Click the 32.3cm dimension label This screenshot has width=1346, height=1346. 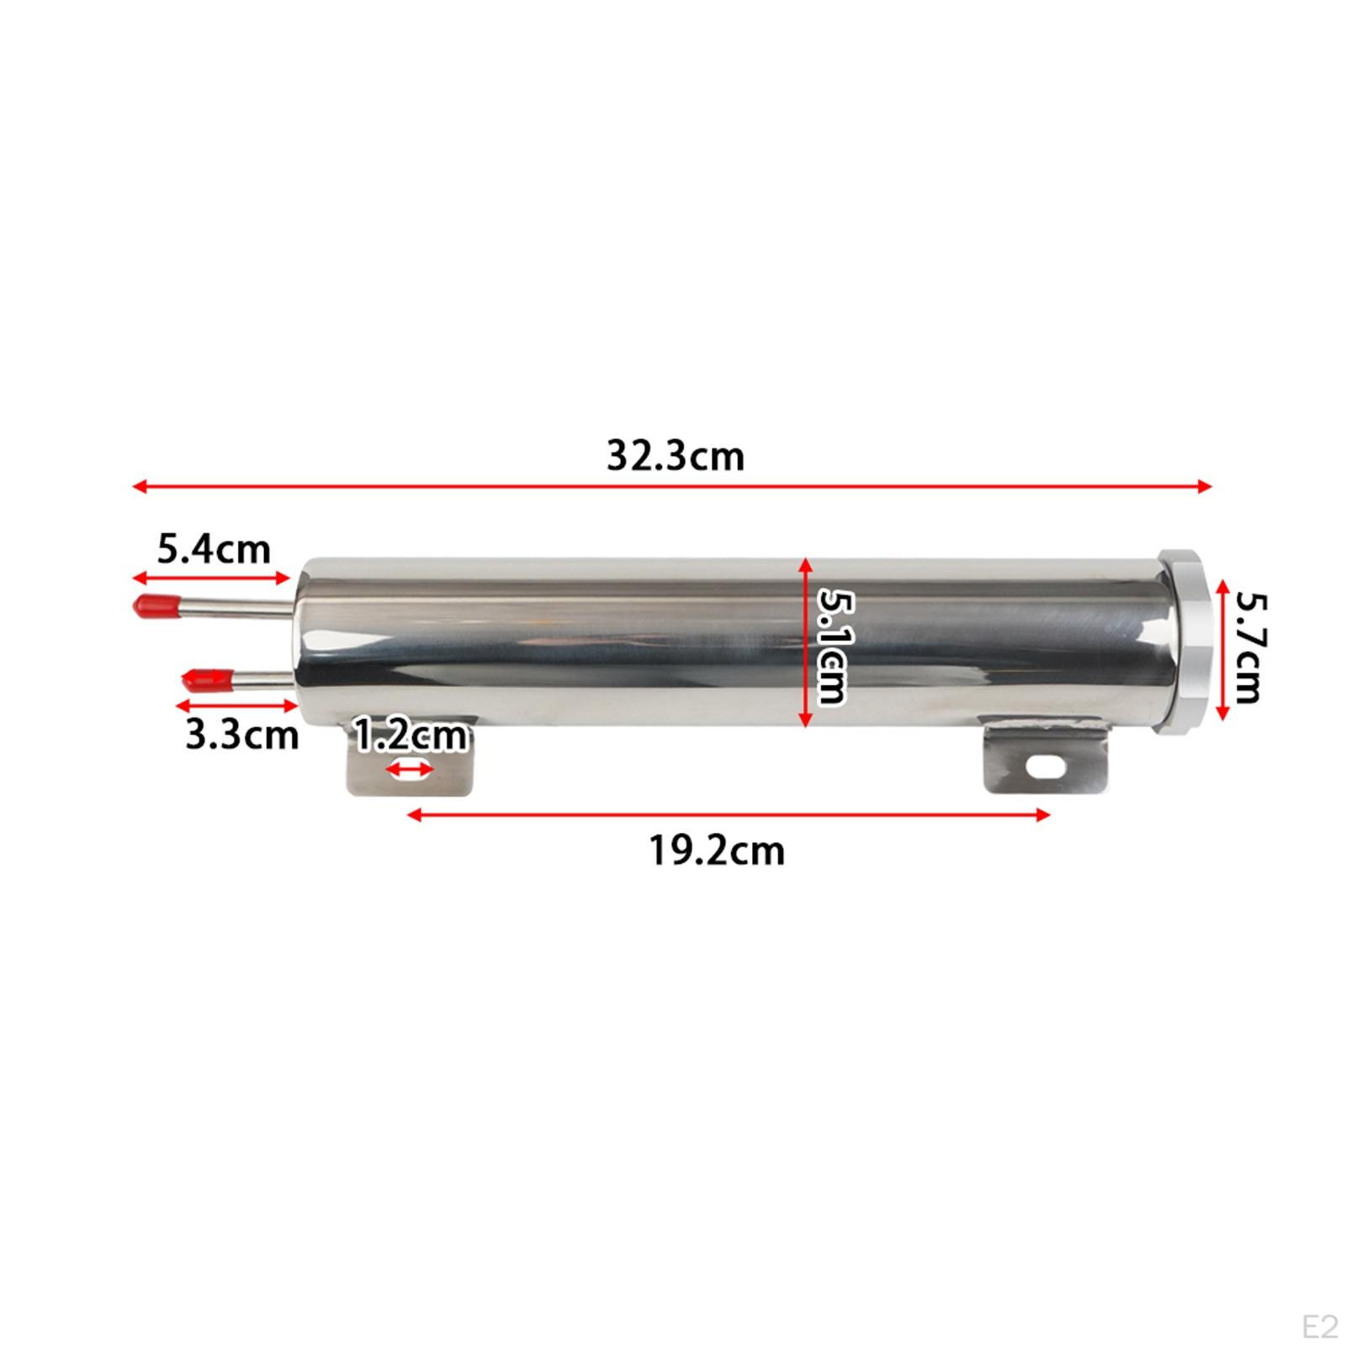pos(676,457)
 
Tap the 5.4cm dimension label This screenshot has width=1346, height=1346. pos(214,550)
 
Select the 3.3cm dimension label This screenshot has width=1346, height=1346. pos(242,735)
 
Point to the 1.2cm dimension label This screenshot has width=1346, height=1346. pos(410,735)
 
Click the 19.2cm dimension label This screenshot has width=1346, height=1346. pos(717,851)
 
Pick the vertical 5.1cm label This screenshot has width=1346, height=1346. pos(832,645)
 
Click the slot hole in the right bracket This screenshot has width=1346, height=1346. pos(1045,766)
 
